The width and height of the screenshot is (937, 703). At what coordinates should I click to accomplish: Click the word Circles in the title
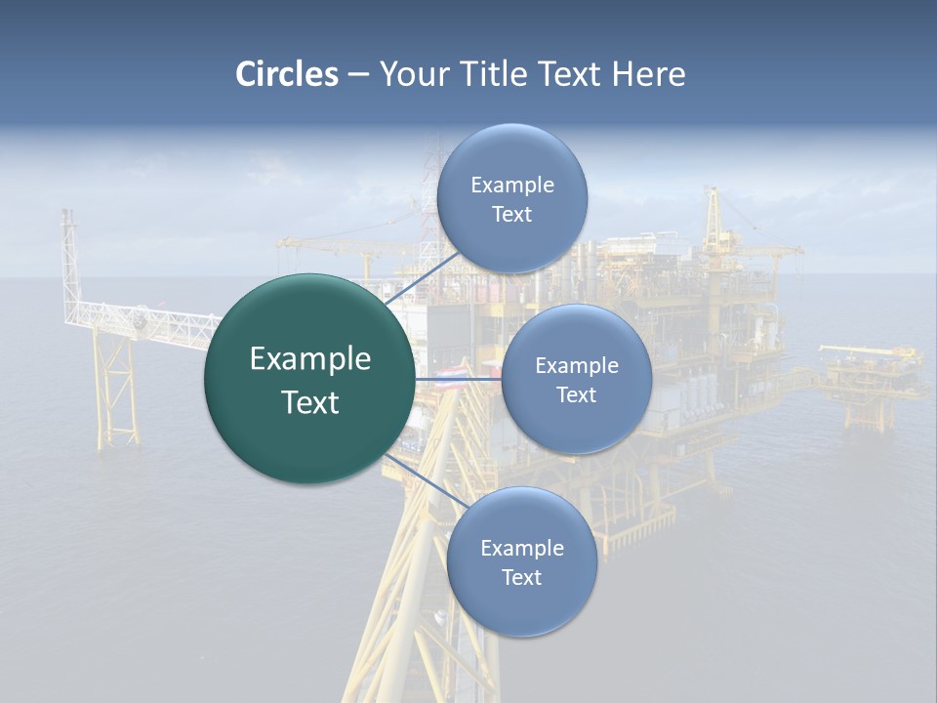287,74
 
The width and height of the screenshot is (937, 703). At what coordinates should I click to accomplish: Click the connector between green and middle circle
457,378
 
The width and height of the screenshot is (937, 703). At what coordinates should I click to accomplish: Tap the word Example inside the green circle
310,359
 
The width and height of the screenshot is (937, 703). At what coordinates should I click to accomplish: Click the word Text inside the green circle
310,402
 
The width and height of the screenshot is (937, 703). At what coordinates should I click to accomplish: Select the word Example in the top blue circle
512,185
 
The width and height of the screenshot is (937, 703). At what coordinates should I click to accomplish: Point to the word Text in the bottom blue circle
521,577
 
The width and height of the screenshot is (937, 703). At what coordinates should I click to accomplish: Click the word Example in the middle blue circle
577,365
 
